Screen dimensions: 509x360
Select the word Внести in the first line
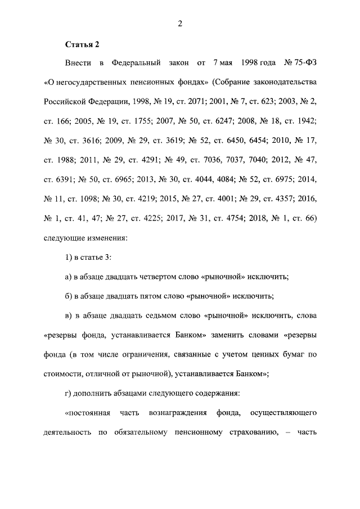tap(79, 62)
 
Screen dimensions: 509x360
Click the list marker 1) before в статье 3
tap(69, 258)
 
